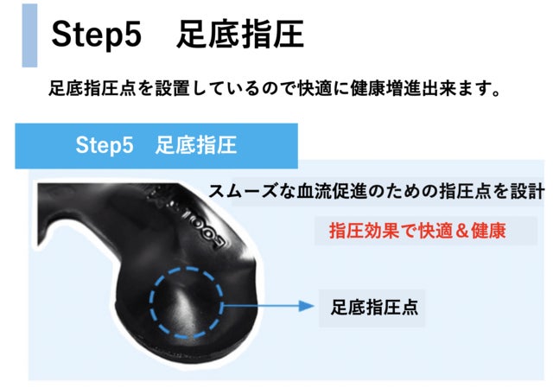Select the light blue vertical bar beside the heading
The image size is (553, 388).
click(x=29, y=35)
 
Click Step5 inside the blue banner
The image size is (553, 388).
click(x=105, y=144)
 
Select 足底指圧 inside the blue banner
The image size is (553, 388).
click(x=196, y=144)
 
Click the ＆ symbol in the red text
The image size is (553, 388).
click(x=459, y=231)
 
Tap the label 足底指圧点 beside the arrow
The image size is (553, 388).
click(x=374, y=306)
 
